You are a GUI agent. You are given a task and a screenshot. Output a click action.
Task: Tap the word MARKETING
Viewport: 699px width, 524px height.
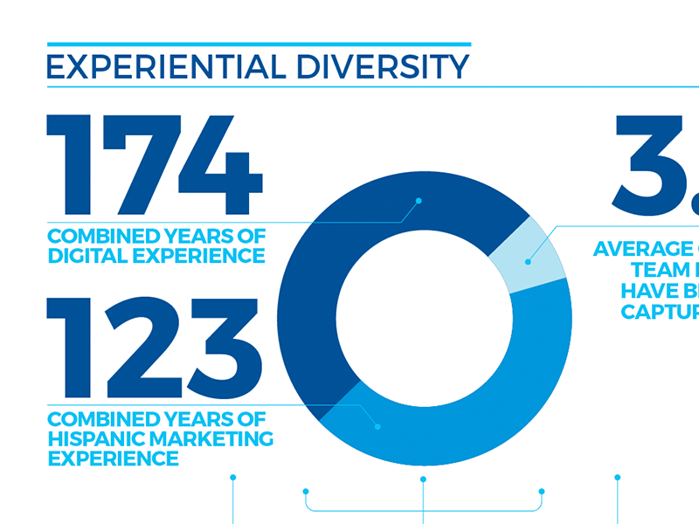point(211,438)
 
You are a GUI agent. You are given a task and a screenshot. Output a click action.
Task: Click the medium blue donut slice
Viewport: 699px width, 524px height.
point(489,393)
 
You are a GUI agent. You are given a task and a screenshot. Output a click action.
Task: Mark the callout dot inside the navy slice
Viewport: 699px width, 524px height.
point(419,201)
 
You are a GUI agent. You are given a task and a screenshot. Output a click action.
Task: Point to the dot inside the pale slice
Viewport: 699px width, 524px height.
point(528,261)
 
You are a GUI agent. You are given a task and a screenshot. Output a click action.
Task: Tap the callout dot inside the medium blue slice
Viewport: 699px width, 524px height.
point(377,426)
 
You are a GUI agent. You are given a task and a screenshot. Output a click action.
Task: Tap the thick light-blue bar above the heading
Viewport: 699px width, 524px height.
point(259,44)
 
